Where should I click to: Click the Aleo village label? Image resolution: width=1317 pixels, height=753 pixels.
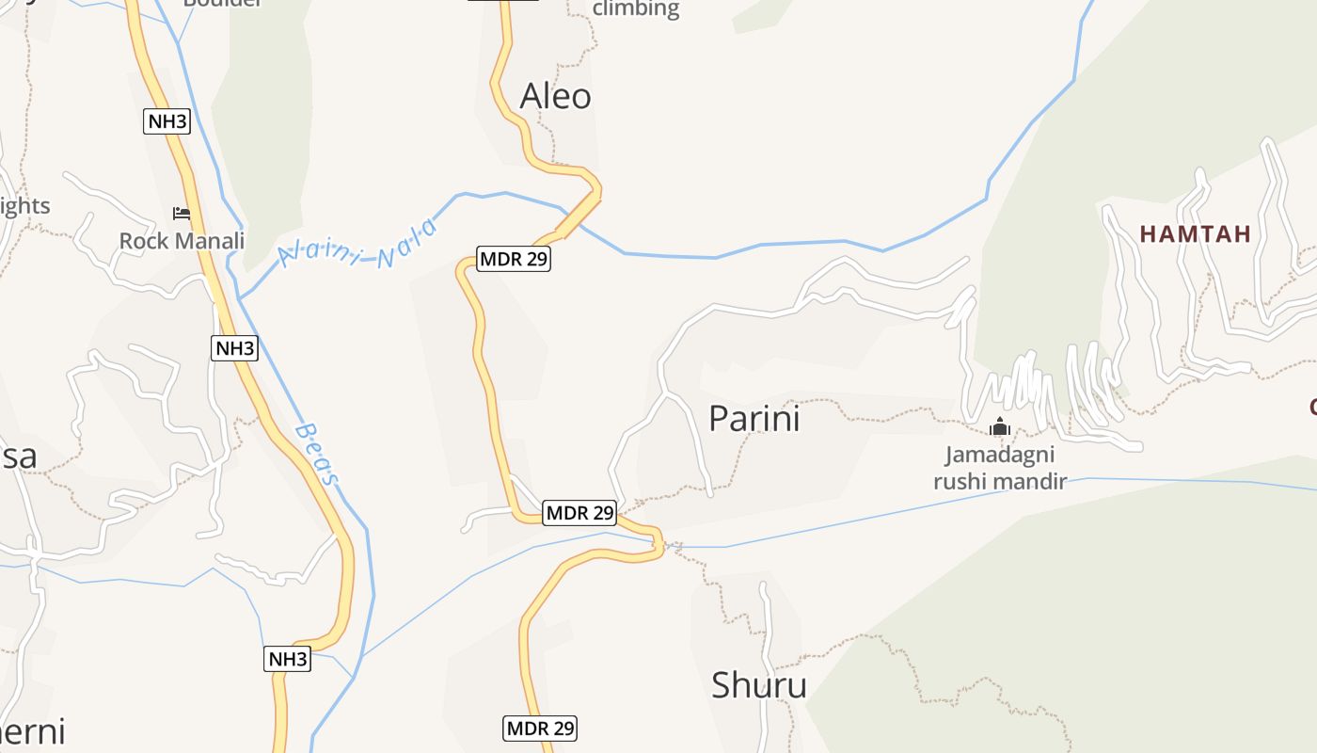click(x=555, y=96)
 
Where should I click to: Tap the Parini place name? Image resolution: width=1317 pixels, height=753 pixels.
click(x=754, y=419)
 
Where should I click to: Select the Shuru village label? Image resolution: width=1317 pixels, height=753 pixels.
click(x=758, y=685)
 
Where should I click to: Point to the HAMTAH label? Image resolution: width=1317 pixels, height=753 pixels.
click(x=1196, y=234)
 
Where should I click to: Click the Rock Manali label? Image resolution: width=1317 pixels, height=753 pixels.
click(x=182, y=241)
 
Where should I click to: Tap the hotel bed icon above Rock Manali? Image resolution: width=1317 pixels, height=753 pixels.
click(x=182, y=214)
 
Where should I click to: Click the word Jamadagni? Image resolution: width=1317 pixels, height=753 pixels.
click(x=999, y=456)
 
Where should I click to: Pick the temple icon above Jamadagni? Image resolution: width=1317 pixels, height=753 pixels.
click(x=999, y=428)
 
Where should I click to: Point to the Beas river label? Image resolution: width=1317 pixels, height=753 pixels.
click(x=316, y=454)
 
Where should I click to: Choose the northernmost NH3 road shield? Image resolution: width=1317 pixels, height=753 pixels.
click(x=167, y=120)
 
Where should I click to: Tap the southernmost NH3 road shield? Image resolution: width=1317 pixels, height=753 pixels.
click(x=287, y=659)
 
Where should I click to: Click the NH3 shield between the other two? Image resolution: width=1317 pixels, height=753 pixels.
click(x=234, y=348)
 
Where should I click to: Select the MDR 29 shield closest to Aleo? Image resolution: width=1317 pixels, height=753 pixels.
click(x=513, y=259)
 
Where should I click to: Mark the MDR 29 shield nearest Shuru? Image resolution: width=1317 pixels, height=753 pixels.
click(x=540, y=728)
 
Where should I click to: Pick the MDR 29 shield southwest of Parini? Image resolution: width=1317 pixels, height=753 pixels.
click(x=579, y=513)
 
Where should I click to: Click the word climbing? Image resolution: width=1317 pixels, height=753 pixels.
click(x=636, y=9)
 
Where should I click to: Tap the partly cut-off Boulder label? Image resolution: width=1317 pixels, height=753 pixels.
click(x=222, y=3)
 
